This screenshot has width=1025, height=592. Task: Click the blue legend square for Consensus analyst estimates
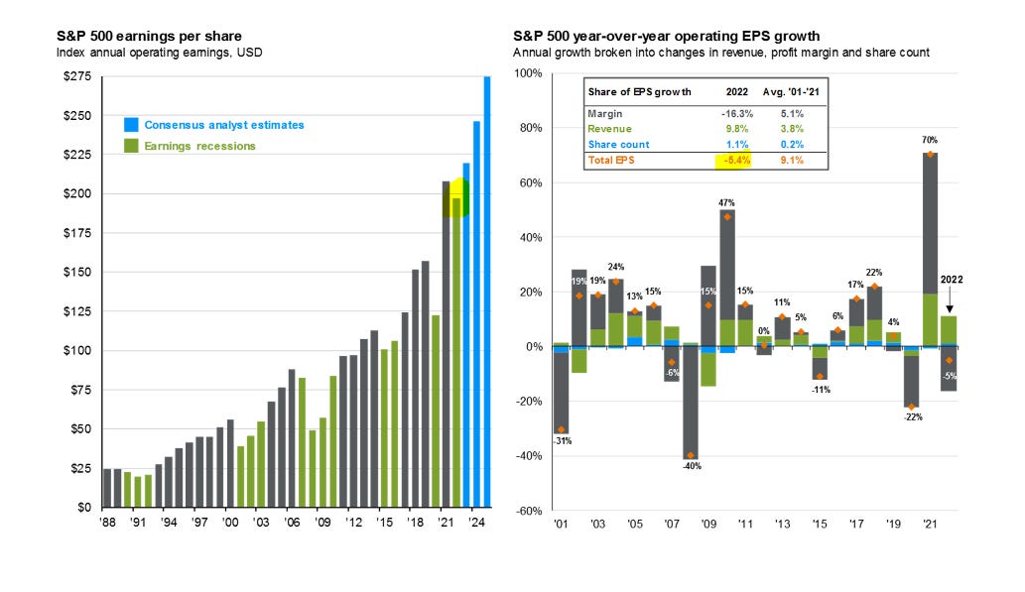pos(131,125)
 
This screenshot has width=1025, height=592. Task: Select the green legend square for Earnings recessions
pos(131,146)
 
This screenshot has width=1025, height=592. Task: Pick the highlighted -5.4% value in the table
pos(735,160)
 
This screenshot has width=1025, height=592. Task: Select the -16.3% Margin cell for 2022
pos(735,113)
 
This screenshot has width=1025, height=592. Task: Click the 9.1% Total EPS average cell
pos(792,160)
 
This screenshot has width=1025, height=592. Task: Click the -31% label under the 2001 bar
pos(561,441)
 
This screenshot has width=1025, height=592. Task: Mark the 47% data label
pos(726,201)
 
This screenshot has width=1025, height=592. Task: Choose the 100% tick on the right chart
pos(526,74)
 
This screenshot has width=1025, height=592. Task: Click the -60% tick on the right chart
pos(526,511)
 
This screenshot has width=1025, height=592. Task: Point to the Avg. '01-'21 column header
pos(791,91)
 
